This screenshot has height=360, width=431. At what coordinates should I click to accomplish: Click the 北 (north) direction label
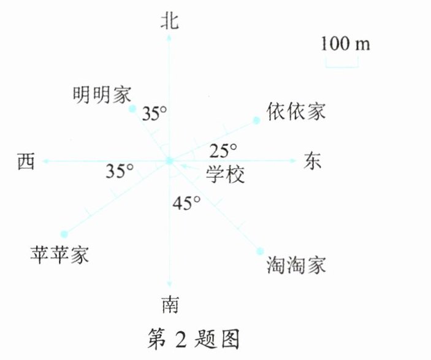[x=169, y=22]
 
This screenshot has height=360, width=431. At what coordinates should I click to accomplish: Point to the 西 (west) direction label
[x=25, y=161]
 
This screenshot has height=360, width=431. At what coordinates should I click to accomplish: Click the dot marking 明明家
[x=132, y=109]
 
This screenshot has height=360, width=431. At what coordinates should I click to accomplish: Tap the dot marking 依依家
[x=256, y=119]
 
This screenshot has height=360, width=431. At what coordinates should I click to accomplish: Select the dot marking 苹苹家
[x=64, y=234]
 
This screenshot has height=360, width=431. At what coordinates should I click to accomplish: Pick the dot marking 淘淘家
[x=260, y=250]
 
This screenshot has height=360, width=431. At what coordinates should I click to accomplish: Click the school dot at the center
[x=169, y=161]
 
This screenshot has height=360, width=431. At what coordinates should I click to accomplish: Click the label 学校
[x=225, y=175]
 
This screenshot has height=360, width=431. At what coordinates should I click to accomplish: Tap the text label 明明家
[x=102, y=94]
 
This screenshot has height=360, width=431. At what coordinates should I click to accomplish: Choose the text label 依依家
[x=296, y=112]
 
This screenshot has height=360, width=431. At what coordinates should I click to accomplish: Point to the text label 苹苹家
[x=59, y=253]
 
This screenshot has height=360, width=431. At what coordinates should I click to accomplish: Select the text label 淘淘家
[x=297, y=265]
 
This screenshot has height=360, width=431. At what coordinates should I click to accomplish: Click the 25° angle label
[x=223, y=149]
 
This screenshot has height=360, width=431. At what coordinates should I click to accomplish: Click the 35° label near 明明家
[x=154, y=113]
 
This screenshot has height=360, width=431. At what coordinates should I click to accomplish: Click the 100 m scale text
[x=345, y=44]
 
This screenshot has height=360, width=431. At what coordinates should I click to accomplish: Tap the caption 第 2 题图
[x=194, y=338]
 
